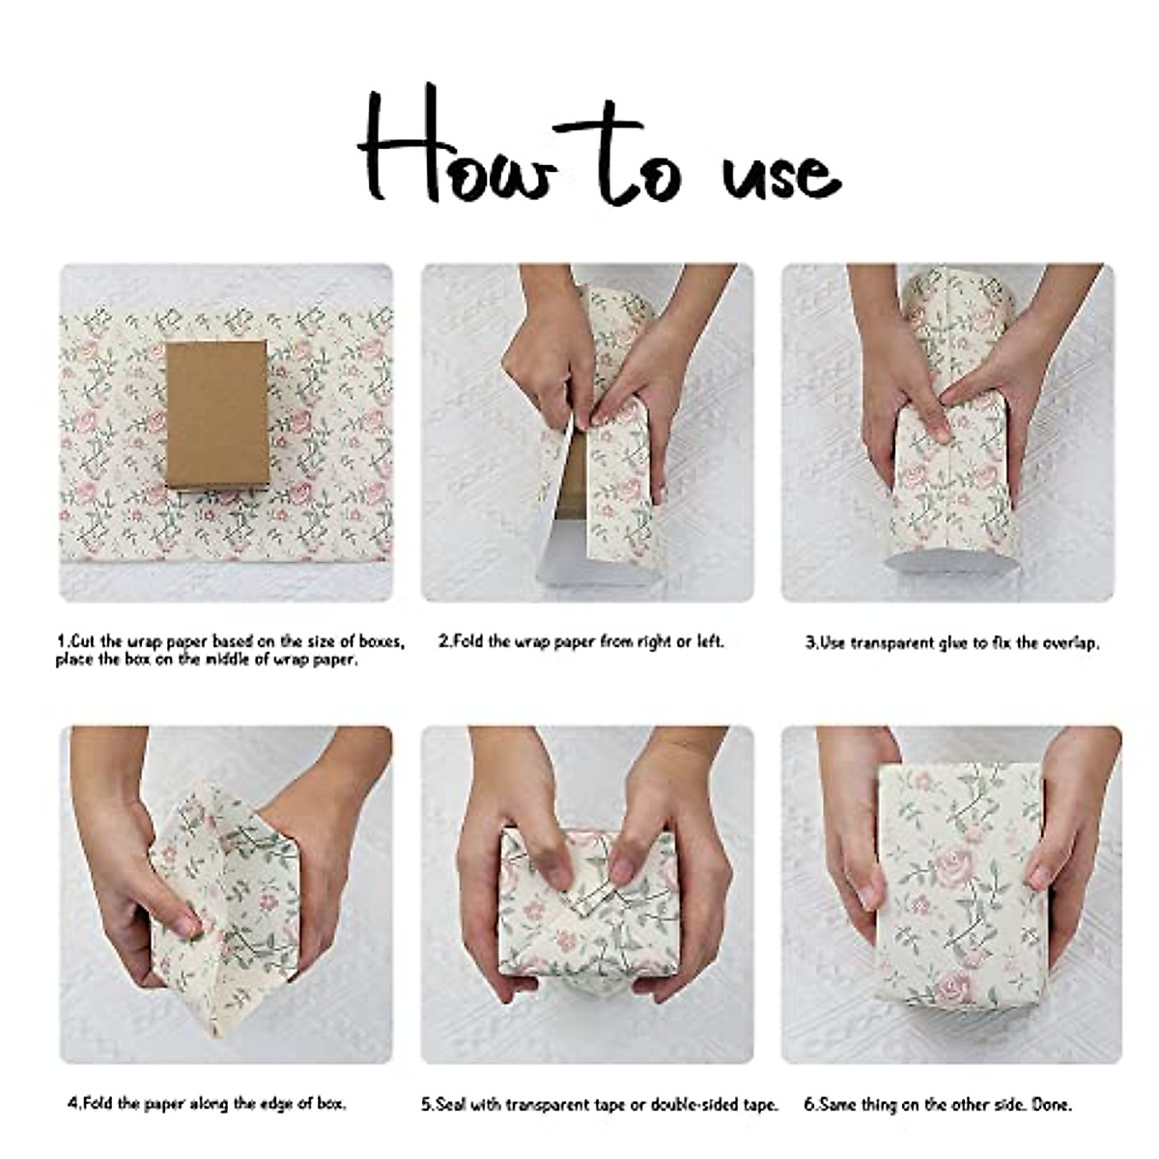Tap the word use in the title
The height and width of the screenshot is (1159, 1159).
pyautogui.click(x=780, y=174)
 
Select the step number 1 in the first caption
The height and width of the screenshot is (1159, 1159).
pyautogui.click(x=62, y=641)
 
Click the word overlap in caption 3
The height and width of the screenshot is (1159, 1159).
pyautogui.click(x=1069, y=642)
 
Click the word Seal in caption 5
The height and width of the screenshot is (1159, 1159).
pyautogui.click(x=450, y=1105)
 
